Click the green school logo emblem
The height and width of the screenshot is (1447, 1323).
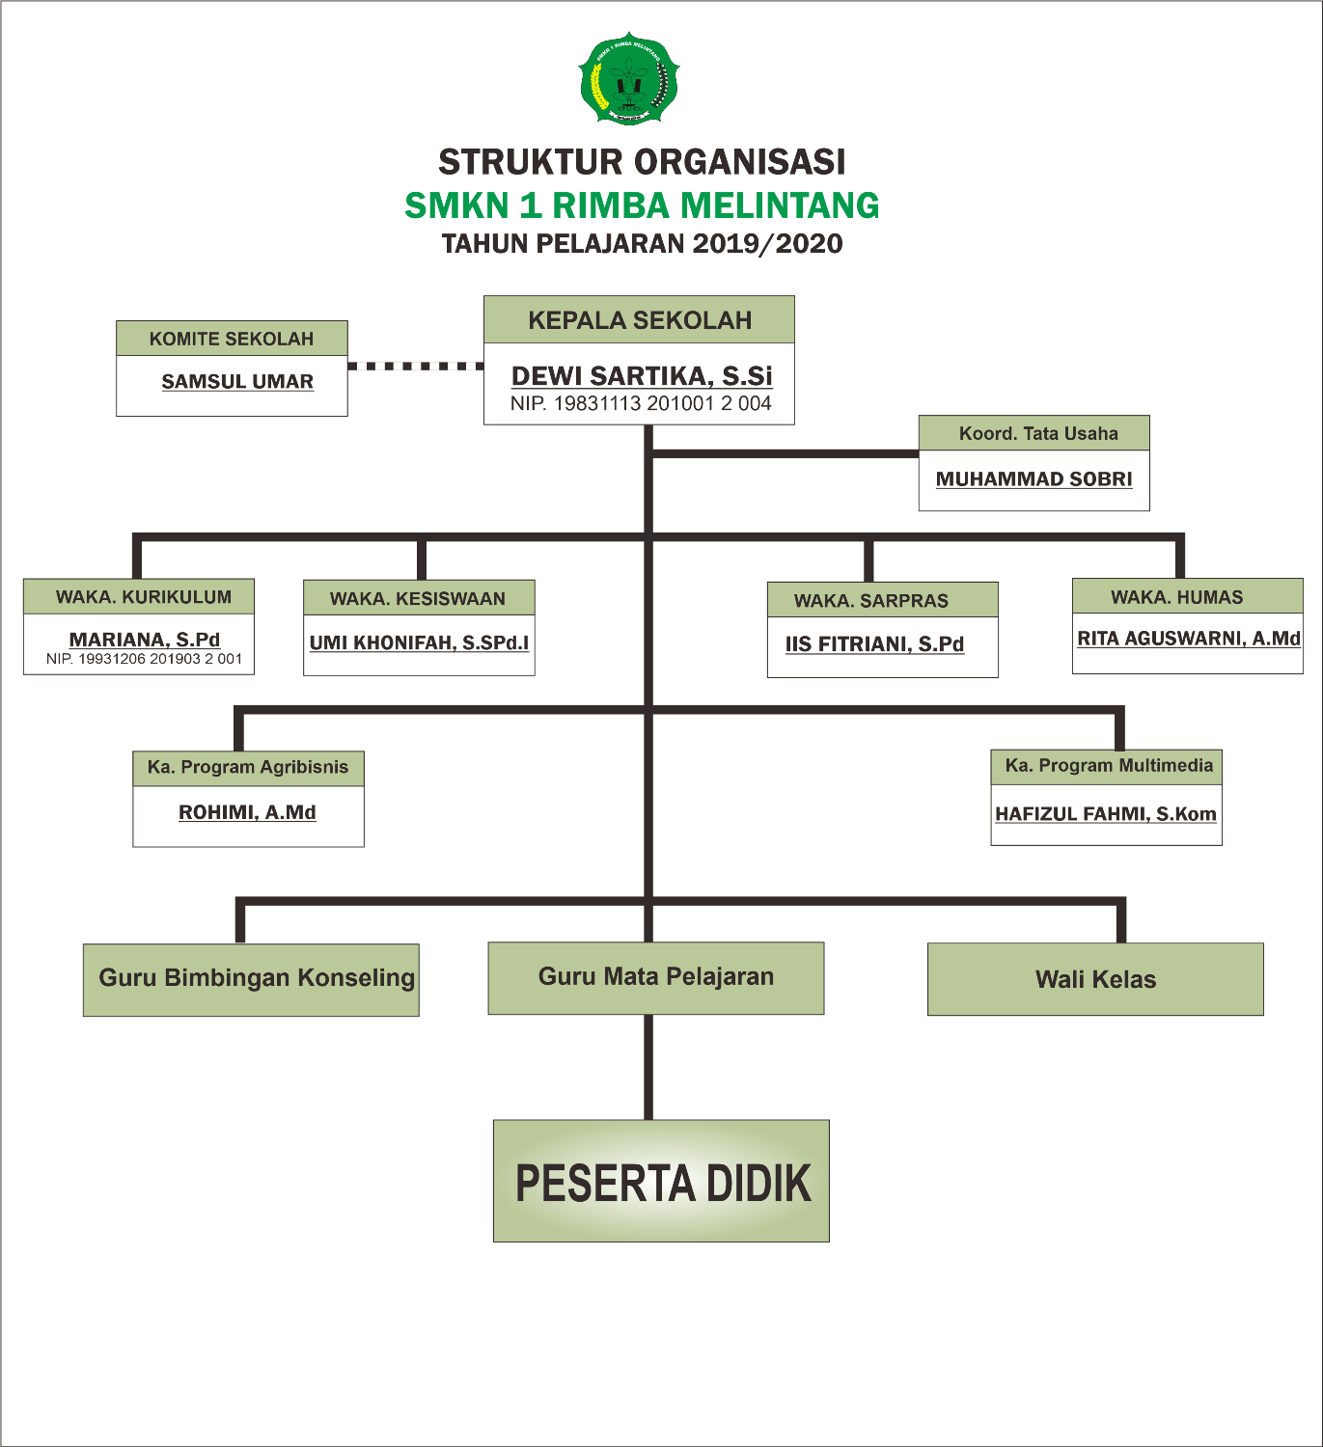[x=629, y=79]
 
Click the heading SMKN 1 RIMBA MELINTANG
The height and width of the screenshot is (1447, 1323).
[x=642, y=205]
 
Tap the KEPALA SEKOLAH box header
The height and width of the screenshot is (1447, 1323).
[x=639, y=320]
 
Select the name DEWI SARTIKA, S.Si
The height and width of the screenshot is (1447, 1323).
[x=642, y=375]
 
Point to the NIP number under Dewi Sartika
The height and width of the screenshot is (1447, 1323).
[x=641, y=404]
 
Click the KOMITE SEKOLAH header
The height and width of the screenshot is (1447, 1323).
[x=232, y=339]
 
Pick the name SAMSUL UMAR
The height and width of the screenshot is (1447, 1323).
[x=237, y=382]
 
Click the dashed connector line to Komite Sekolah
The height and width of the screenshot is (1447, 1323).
[x=415, y=367]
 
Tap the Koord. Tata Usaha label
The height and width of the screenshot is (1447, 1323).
[x=1037, y=433]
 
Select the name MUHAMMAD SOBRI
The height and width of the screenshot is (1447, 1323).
[x=1034, y=479]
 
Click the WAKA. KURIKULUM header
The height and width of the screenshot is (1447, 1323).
[x=143, y=597]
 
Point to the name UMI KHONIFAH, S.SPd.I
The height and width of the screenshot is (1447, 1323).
[x=419, y=642]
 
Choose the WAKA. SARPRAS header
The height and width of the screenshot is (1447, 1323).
[x=871, y=601]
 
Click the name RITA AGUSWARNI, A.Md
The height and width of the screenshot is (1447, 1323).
[x=1188, y=639]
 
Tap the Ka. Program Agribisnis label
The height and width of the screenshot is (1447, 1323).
[x=248, y=768]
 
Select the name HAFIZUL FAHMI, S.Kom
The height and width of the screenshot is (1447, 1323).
[x=1106, y=814]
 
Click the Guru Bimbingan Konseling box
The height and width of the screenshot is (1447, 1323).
[x=251, y=979]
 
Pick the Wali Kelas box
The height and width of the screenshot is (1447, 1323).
[x=1095, y=979]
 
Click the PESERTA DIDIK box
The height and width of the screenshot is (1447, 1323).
[x=661, y=1182]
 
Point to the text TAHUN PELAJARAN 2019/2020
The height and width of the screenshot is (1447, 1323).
[x=642, y=244]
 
